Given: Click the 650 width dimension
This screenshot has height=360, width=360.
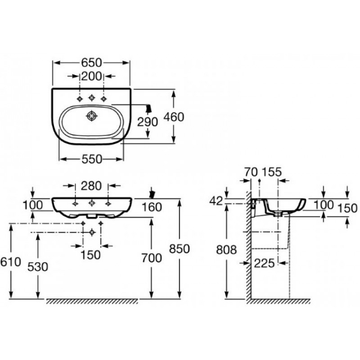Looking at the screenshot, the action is (91, 63).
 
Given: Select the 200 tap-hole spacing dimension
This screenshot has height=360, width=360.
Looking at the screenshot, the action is (91, 76).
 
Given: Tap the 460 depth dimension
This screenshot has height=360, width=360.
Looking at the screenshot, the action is (174, 117).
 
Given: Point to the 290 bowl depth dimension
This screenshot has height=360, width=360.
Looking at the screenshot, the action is (148, 122).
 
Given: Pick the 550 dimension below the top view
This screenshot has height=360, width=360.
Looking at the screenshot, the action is (92, 159).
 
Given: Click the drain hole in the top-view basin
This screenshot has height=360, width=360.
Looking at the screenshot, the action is (92, 116).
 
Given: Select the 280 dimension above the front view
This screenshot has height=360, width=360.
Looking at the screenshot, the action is (91, 186).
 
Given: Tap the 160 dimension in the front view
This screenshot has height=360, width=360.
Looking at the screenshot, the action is (152, 207).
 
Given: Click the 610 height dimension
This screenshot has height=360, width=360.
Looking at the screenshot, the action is (10, 262).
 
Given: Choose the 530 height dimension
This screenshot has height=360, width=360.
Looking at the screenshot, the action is (38, 267).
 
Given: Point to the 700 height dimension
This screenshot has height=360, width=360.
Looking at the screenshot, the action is (152, 258).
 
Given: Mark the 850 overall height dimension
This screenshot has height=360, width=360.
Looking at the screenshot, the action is (180, 249).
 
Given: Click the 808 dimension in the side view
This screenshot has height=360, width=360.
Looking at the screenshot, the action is (226, 250).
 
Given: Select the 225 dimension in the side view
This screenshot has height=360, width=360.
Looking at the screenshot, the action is (264, 263).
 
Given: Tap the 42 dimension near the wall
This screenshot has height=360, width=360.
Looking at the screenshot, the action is (216, 201).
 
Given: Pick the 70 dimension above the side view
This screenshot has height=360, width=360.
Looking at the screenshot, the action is (251, 172).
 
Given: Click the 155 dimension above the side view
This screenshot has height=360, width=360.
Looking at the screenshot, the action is (272, 172).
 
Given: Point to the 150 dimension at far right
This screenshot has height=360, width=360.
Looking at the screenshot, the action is (347, 208).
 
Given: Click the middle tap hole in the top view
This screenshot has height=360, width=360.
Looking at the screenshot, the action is (92, 98).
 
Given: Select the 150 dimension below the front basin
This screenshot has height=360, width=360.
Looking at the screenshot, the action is (91, 255).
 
